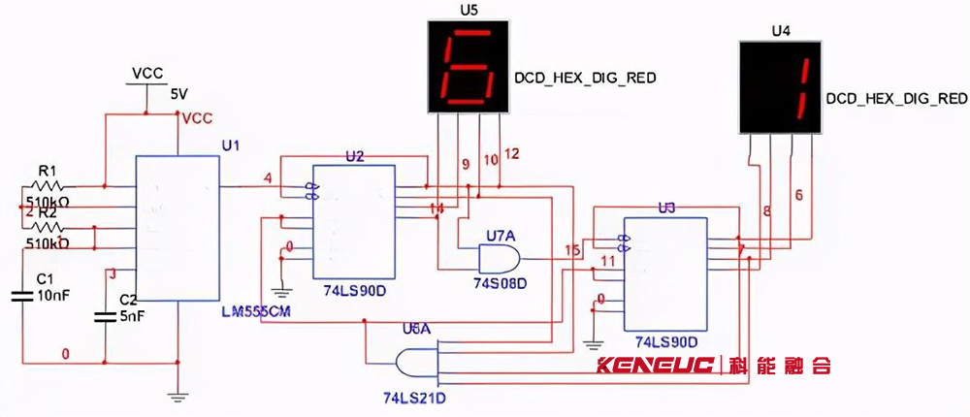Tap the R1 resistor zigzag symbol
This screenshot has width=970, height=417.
48,185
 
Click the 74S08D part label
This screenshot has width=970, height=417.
500,284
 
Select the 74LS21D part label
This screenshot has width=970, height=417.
414,397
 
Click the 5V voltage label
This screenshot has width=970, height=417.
179,95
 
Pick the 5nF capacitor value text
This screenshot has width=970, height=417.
132,315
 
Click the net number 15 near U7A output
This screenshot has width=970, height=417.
572,250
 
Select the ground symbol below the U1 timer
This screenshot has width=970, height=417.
177,395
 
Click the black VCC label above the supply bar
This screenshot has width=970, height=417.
147,74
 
